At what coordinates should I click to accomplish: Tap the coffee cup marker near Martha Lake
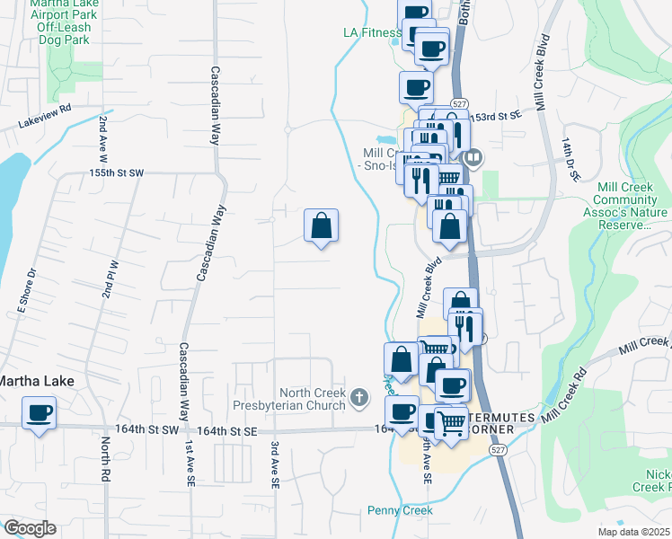point(39,414)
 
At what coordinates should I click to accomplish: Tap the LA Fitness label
point(370,32)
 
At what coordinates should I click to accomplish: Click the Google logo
point(30,528)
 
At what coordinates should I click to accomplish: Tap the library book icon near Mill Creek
point(473,159)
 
